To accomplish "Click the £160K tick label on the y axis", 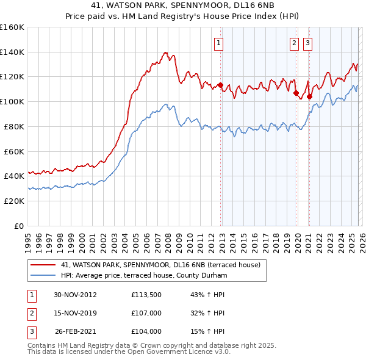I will click(x=12, y=27).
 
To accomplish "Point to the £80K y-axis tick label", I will click(x=14, y=126).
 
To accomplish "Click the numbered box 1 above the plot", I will click(x=218, y=43).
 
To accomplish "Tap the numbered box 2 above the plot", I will click(x=294, y=43).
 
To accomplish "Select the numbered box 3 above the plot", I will click(x=307, y=43).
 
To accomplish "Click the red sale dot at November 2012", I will click(x=221, y=85).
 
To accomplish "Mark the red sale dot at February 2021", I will click(x=309, y=96).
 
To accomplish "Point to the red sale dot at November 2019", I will click(x=296, y=93).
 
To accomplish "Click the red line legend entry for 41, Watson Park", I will click(x=160, y=265).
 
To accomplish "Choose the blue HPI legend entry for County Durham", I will click(x=143, y=276).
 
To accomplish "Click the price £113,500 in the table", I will click(x=146, y=295).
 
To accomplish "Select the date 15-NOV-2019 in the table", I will click(x=75, y=313).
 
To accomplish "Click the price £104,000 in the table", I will click(x=146, y=331).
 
